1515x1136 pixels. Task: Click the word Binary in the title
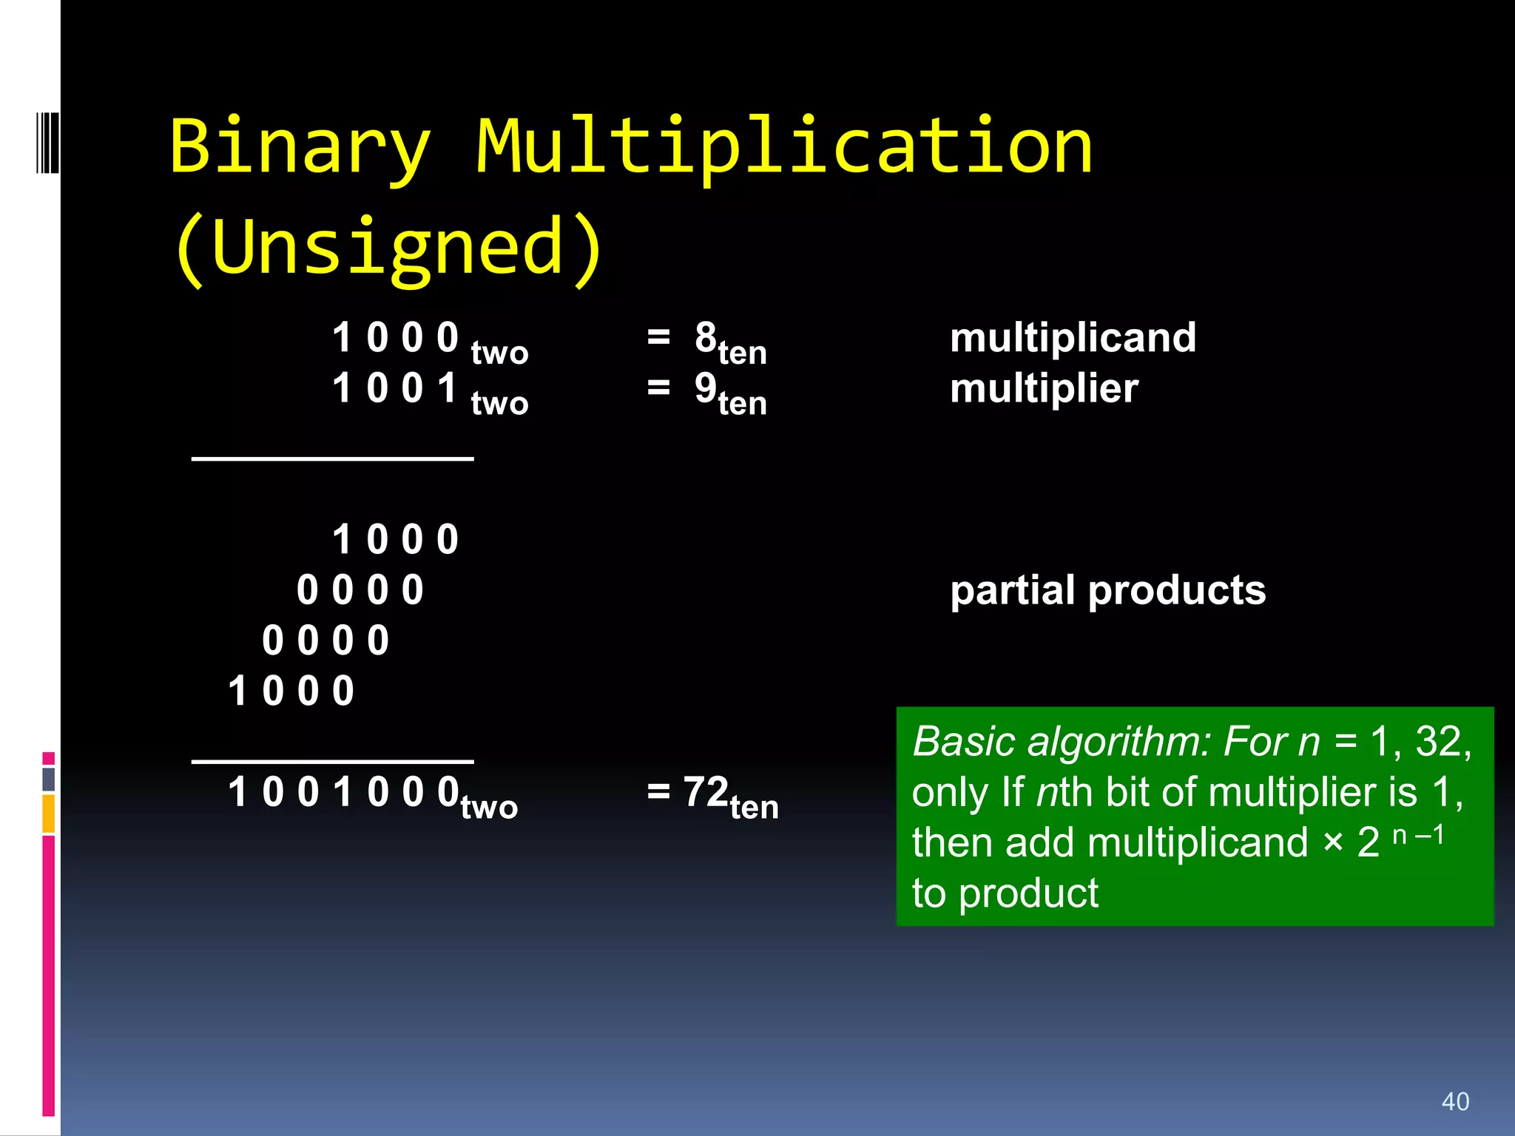300,148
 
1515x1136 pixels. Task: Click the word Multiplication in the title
784,148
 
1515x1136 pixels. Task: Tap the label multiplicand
1073,338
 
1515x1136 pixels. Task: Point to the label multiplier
1044,388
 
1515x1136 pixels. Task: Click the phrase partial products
1107,590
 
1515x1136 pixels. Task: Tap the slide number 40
1455,1101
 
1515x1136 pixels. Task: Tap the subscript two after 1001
499,404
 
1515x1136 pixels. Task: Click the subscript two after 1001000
489,807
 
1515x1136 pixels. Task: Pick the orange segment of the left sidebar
49,814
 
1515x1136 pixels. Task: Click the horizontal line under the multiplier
332,459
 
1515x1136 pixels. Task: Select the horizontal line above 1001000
332,761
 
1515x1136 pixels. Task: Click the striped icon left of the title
47,143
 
